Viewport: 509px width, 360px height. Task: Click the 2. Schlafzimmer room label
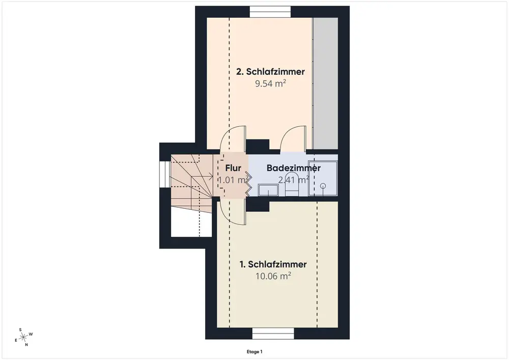270,71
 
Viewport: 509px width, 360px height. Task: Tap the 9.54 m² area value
270,84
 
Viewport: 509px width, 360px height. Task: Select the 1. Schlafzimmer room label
273,264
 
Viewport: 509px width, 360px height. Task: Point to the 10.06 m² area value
273,276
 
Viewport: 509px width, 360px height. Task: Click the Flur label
233,168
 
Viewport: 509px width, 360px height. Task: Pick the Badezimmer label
294,168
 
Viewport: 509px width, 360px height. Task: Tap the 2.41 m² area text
294,179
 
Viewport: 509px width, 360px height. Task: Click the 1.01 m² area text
234,179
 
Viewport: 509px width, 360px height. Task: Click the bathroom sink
268,190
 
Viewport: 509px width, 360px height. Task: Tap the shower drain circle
323,186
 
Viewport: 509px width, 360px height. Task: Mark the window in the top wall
270,12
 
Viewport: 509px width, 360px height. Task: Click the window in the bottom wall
273,334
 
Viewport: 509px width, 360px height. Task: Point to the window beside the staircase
165,174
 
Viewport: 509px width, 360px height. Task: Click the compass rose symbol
23,338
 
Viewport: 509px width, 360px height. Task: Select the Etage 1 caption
254,351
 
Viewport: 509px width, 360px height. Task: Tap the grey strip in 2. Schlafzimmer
325,84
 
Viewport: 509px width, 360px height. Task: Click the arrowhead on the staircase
211,177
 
